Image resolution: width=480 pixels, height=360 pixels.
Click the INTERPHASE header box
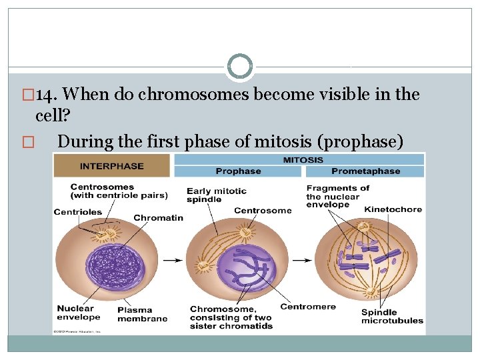pos(112,165)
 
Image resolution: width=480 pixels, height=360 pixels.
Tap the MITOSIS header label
pos(303,159)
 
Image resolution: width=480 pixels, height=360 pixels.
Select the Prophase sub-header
pos(238,171)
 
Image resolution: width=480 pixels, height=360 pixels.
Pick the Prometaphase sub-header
pos(365,171)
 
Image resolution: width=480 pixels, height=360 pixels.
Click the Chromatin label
pos(158,218)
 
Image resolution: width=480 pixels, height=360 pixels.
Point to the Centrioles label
pos(78,212)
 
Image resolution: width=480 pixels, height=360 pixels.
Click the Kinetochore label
pos(393,209)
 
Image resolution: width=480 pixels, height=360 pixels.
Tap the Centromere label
pos(307,307)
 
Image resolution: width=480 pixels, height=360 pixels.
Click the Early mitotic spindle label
pos(216,195)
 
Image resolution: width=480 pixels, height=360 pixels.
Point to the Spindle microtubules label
pos(392,317)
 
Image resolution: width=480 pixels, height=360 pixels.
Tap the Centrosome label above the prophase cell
pos(263,211)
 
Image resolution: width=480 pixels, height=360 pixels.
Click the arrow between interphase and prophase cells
pos(174,260)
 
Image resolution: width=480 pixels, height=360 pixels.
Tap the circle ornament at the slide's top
pos(240,67)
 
